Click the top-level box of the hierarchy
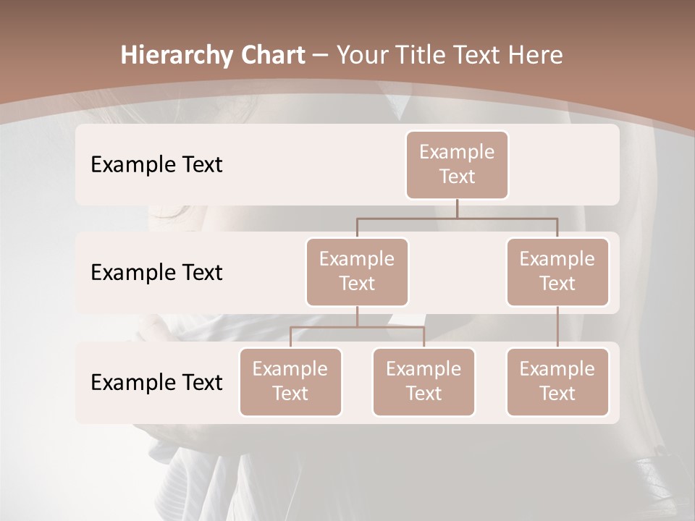click(x=457, y=164)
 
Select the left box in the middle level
click(x=357, y=271)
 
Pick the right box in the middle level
click(x=557, y=271)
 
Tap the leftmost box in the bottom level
click(x=290, y=381)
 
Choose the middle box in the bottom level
click(x=424, y=381)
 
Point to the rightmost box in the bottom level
click(x=557, y=381)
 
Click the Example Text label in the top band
click(x=156, y=165)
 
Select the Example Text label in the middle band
click(x=156, y=273)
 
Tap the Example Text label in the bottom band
click(x=156, y=382)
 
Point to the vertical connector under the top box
click(x=457, y=208)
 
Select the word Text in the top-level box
click(x=457, y=177)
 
